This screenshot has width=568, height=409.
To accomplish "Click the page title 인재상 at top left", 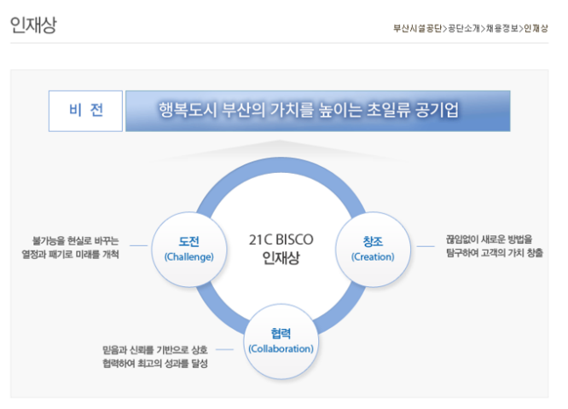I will coord(32,26).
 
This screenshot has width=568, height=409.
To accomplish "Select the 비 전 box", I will coord(85,111).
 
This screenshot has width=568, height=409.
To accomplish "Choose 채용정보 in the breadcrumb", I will coord(503,28).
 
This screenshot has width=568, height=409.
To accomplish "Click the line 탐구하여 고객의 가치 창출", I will coord(494,254).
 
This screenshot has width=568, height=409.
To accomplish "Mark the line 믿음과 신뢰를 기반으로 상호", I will coord(154,349).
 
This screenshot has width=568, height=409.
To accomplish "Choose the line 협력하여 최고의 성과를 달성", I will coord(154,364).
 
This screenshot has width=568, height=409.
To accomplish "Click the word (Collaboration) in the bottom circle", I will coord(281,349).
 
